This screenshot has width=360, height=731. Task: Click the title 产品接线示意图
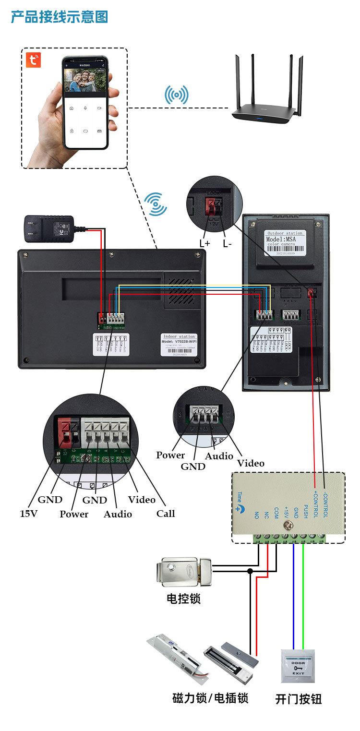[60, 17]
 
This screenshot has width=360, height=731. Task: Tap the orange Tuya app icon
[33, 60]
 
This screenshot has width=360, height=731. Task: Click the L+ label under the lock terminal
[205, 243]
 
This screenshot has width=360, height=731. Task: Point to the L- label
[227, 243]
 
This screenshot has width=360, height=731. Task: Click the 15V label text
[28, 513]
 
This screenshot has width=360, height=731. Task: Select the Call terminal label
[166, 514]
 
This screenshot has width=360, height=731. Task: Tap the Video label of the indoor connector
[142, 500]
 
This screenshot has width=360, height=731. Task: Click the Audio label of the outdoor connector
[219, 456]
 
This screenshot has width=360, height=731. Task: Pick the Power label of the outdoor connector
[170, 455]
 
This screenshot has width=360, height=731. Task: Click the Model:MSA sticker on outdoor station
[285, 239]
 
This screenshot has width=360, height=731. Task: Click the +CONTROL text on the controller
[315, 503]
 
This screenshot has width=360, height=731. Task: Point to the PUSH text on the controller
[305, 508]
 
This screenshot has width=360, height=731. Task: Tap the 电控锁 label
[183, 599]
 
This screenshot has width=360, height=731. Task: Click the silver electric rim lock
[184, 572]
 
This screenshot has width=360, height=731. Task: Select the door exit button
[298, 666]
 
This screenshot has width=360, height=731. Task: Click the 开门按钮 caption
[299, 699]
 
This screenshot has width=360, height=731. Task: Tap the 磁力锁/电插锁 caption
[210, 697]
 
